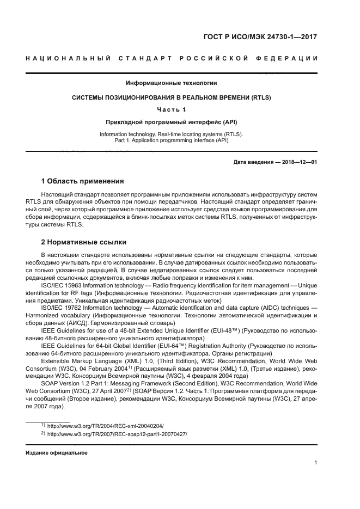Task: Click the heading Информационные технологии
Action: coord(172,83)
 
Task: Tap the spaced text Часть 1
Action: coord(172,110)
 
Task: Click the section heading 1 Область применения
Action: coord(83,181)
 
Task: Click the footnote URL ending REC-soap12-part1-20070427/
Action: coord(117,434)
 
